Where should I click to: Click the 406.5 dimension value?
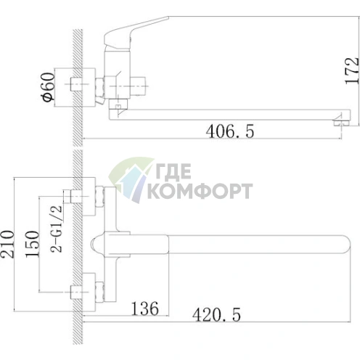point(230,131)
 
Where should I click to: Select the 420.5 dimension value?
point(216,314)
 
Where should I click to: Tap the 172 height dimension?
point(352,70)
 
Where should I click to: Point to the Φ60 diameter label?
point(48,86)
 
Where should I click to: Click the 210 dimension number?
point(7,244)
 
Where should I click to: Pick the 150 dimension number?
point(32,244)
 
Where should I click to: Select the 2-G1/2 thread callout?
point(57,229)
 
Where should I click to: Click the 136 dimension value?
point(145,308)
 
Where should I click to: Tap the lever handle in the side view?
point(136,31)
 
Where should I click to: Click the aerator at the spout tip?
point(342,122)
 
